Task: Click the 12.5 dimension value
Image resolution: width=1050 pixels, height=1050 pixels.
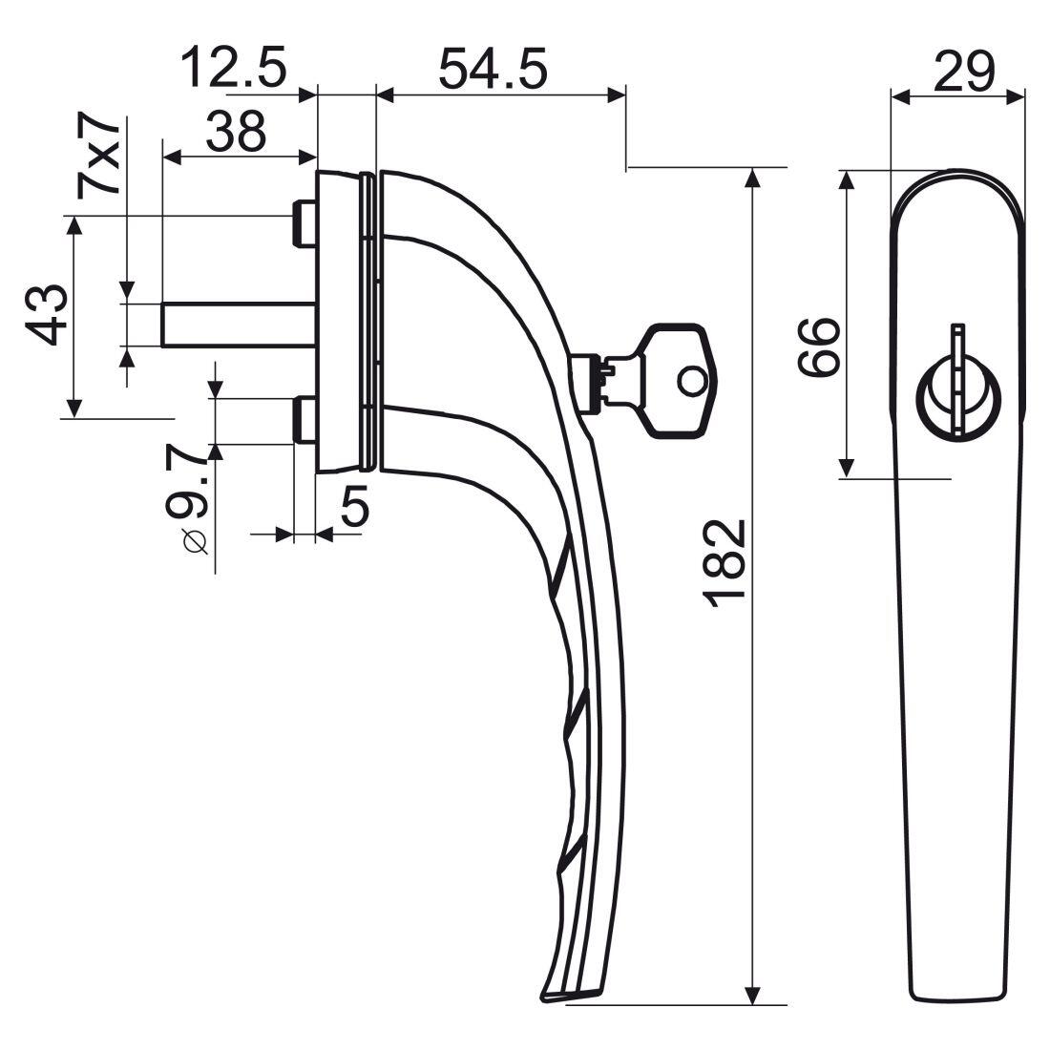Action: tap(233, 69)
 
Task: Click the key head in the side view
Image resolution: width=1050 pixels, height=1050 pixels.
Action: tap(678, 380)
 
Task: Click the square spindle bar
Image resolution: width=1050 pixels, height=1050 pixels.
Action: tap(239, 324)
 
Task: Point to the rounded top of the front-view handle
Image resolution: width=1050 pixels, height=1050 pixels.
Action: tap(958, 181)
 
